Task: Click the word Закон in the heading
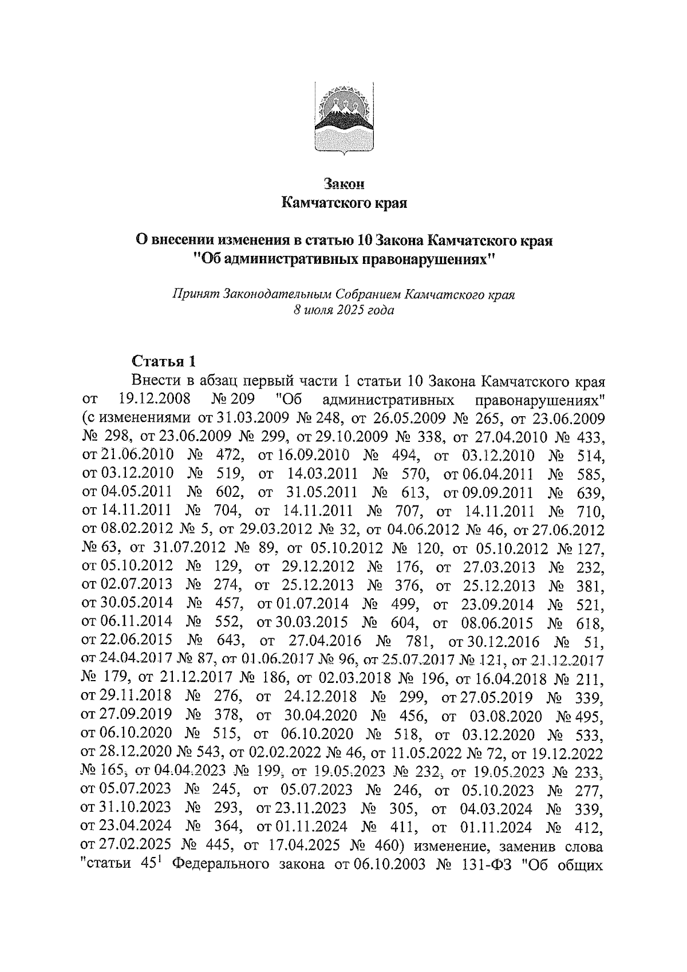343,184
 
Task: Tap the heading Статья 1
164,361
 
